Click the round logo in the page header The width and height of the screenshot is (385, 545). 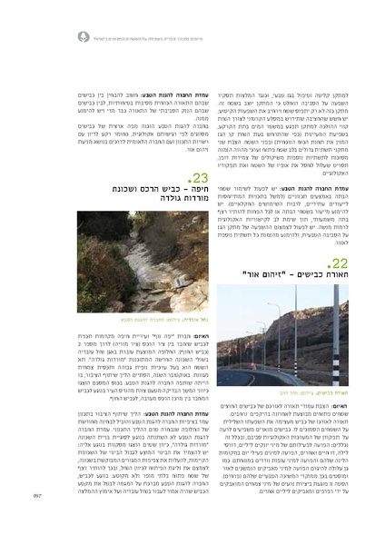pos(84,37)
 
